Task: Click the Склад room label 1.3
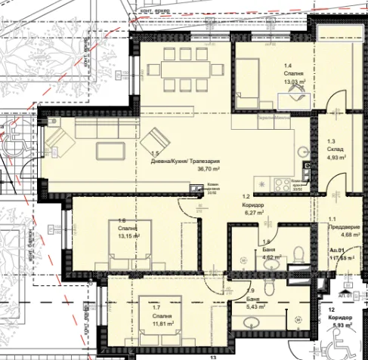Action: (332, 141)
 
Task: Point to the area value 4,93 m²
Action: (337, 158)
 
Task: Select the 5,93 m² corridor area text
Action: (342, 325)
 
